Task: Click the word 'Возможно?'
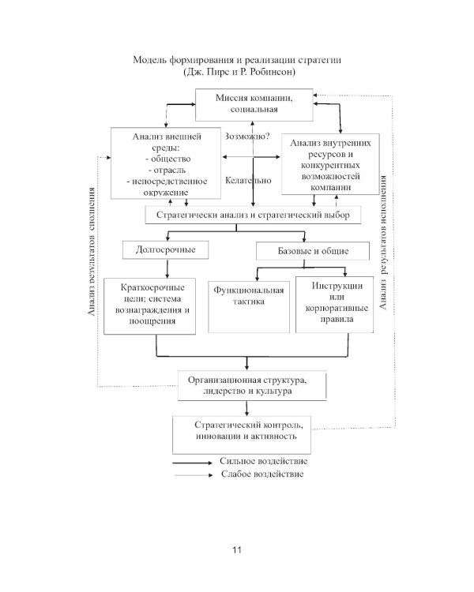[247, 137]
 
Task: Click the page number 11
[237, 549]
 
